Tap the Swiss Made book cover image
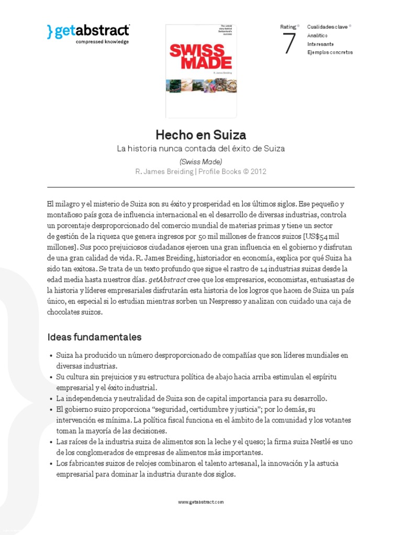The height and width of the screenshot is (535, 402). click(201, 71)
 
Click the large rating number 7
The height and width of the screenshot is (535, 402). click(289, 44)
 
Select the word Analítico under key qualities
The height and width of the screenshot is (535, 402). click(318, 35)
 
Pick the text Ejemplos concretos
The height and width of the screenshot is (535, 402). click(330, 52)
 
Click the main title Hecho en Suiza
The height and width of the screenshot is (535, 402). click(200, 135)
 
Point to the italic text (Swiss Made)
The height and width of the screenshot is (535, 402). click(200, 161)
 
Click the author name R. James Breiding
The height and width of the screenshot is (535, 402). click(163, 172)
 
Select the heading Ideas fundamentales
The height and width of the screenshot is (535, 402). click(94, 337)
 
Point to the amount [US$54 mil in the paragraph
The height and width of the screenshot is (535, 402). click(322, 236)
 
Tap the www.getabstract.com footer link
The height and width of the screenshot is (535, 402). click(200, 502)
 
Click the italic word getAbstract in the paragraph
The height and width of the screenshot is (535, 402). click(167, 280)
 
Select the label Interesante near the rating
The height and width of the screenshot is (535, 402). click(321, 44)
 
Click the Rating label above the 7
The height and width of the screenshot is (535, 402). click(288, 26)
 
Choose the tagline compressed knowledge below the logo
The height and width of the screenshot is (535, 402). click(102, 41)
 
